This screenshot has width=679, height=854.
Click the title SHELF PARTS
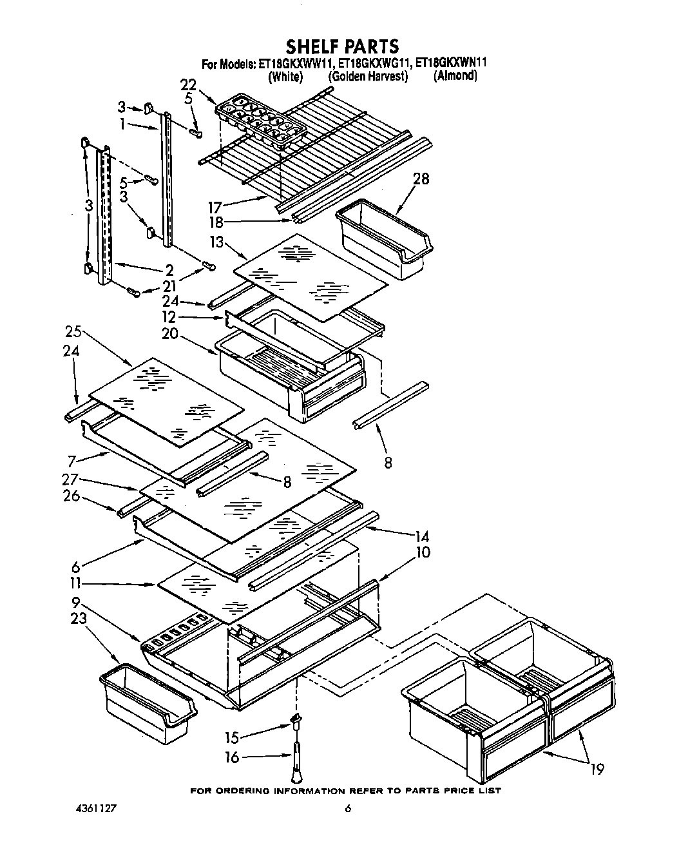pyautogui.click(x=342, y=46)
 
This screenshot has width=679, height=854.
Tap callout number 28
pyautogui.click(x=421, y=179)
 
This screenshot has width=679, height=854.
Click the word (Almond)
pyautogui.click(x=455, y=76)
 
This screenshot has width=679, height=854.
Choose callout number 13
pyautogui.click(x=216, y=242)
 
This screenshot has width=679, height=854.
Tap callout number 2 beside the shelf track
pyautogui.click(x=169, y=269)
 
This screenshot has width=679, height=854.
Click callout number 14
pyautogui.click(x=423, y=536)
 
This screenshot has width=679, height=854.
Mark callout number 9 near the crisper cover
pyautogui.click(x=75, y=602)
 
